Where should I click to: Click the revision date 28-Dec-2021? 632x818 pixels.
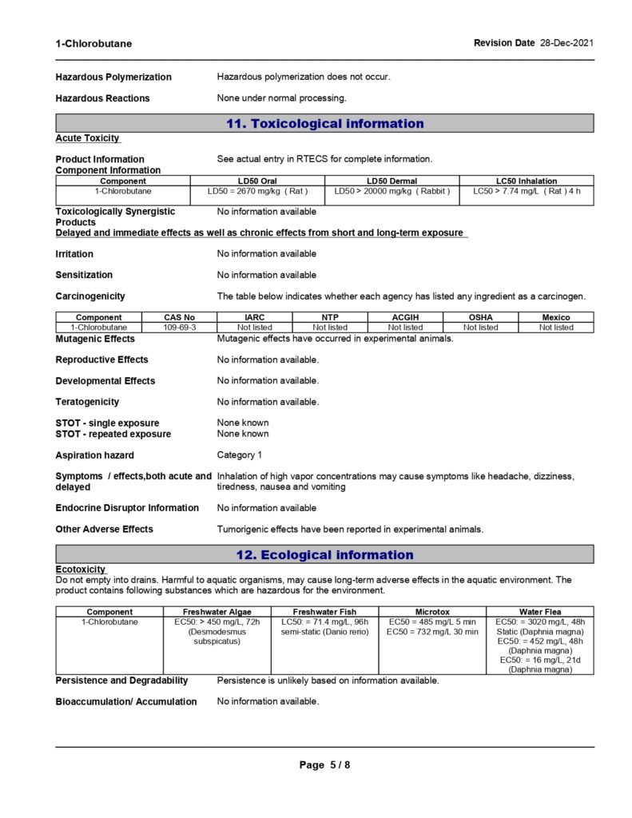pyautogui.click(x=566, y=42)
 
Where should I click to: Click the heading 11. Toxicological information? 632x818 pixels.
pyautogui.click(x=324, y=123)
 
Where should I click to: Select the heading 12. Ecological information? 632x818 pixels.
pyautogui.click(x=324, y=554)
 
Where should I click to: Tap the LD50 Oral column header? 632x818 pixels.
pyautogui.click(x=257, y=181)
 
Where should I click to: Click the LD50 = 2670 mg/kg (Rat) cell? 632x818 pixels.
pyautogui.click(x=257, y=191)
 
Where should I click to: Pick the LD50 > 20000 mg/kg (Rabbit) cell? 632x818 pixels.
pyautogui.click(x=392, y=191)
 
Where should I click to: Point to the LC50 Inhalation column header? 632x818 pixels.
pyautogui.click(x=527, y=181)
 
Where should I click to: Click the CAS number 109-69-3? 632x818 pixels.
pyautogui.click(x=180, y=328)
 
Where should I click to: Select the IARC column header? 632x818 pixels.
pyautogui.click(x=255, y=317)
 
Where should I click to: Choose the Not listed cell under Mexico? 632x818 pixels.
pyautogui.click(x=556, y=328)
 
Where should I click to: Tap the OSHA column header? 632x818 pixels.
pyautogui.click(x=480, y=317)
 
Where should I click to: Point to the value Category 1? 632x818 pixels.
pyautogui.click(x=240, y=455)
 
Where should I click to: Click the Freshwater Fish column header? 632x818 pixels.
pyautogui.click(x=324, y=612)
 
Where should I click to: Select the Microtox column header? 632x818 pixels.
pyautogui.click(x=432, y=612)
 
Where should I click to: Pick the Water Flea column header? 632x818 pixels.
pyautogui.click(x=540, y=612)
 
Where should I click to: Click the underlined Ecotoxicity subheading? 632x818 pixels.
pyautogui.click(x=81, y=570)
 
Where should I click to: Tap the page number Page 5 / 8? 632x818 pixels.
pyautogui.click(x=324, y=764)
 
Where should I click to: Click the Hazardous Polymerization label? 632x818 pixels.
pyautogui.click(x=113, y=77)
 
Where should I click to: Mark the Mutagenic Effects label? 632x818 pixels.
pyautogui.click(x=95, y=339)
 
